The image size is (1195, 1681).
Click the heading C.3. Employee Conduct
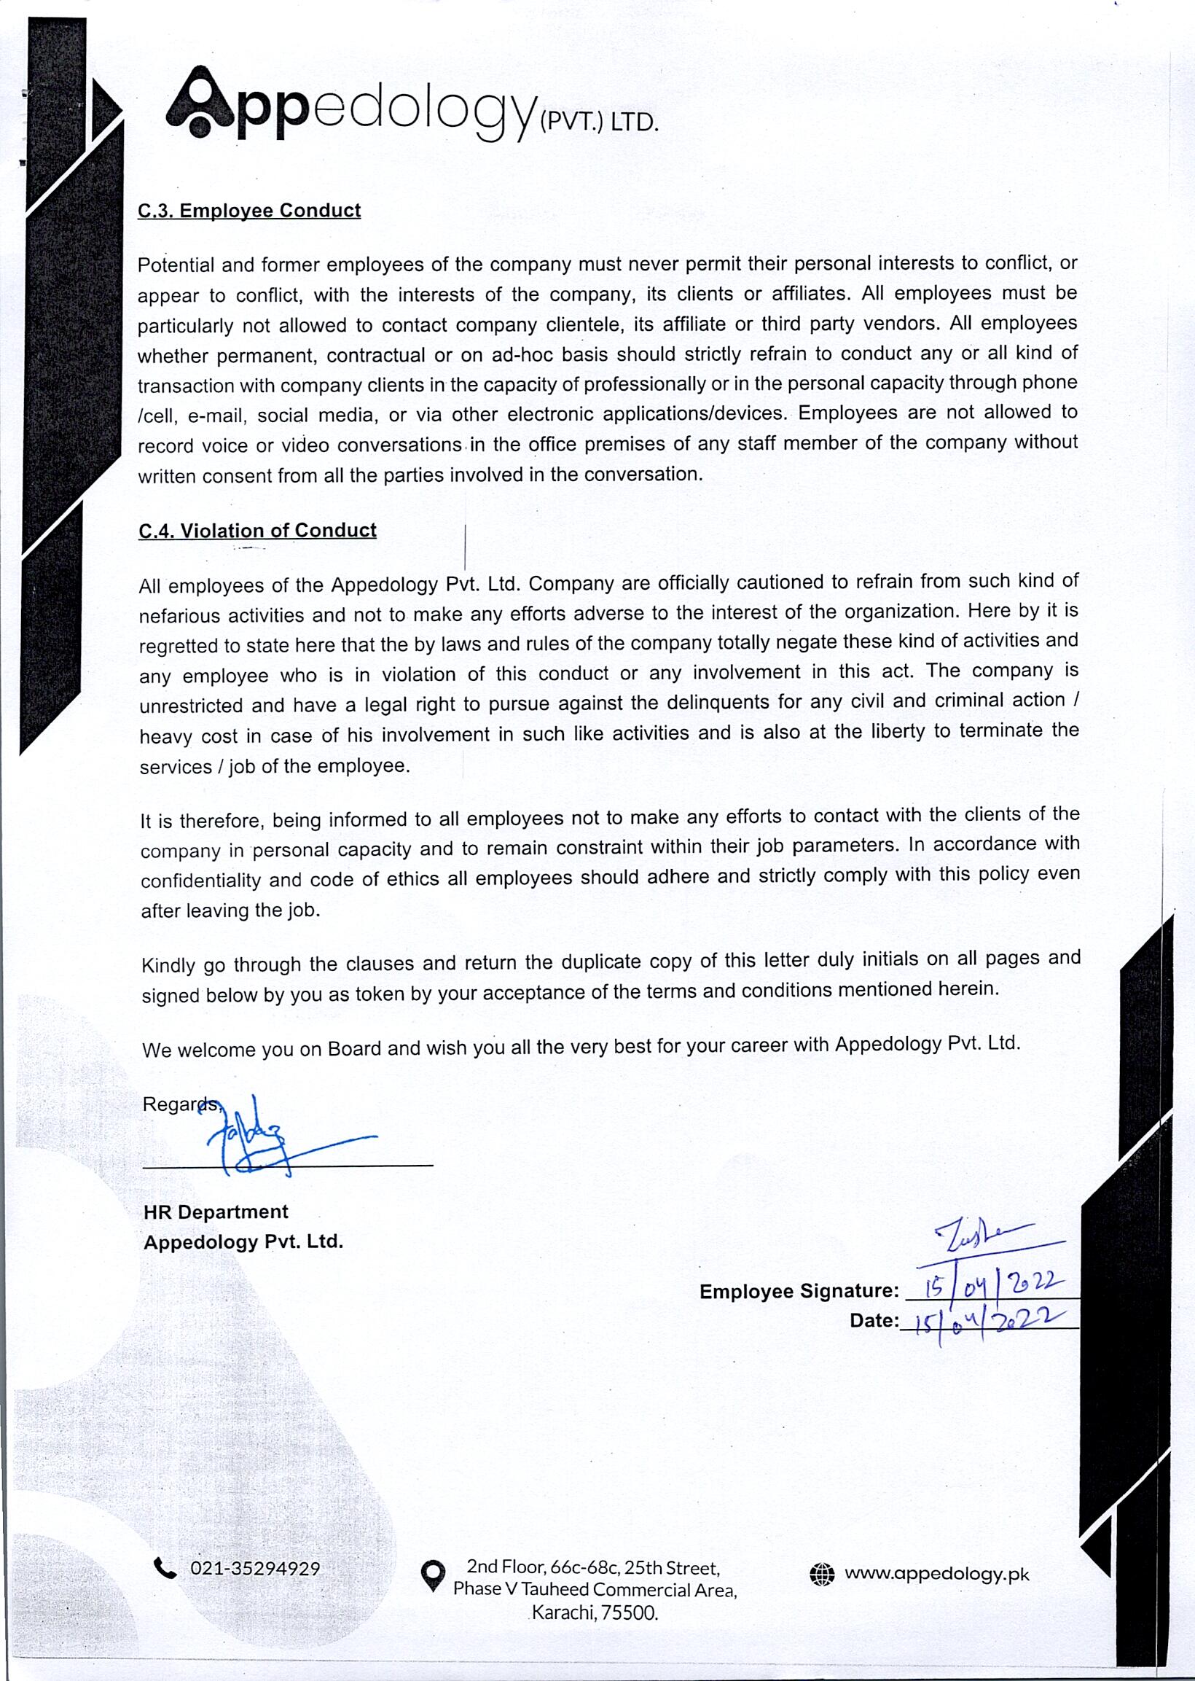tap(248, 211)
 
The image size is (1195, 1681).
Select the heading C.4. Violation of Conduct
tap(256, 531)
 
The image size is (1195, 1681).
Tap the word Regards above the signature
tap(180, 1104)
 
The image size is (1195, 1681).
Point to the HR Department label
tap(216, 1212)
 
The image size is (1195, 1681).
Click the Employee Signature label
tap(799, 1291)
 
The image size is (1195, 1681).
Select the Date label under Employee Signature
tap(874, 1320)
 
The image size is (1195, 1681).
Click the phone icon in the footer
tap(165, 1569)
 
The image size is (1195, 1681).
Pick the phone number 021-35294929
tap(254, 1569)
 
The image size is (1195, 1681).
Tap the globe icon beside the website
tap(821, 1575)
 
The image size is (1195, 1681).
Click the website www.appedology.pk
tap(936, 1574)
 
